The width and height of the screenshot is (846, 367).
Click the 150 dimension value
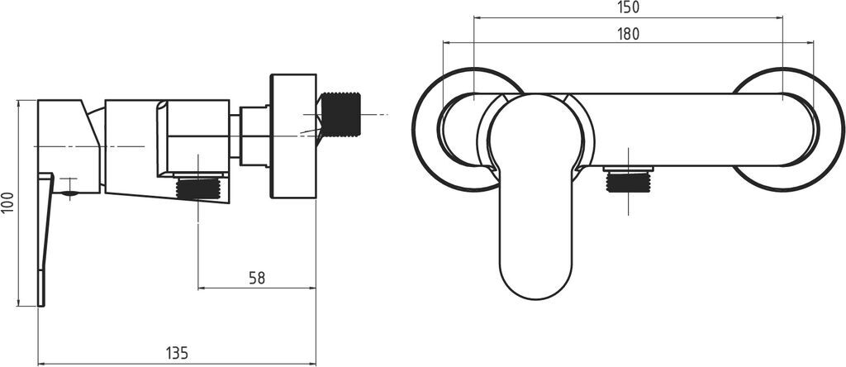tap(628, 7)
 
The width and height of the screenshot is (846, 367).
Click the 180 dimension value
tap(628, 34)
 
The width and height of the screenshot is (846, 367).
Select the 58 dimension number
tap(257, 278)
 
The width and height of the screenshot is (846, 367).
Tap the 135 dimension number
tap(177, 354)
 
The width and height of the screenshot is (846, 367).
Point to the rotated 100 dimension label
tap(7, 203)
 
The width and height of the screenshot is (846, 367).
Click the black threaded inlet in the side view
tap(340, 114)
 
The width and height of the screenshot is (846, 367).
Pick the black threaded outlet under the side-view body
tap(198, 189)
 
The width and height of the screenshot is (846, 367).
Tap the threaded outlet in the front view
tap(628, 181)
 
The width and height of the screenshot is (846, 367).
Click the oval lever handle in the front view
tap(535, 197)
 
